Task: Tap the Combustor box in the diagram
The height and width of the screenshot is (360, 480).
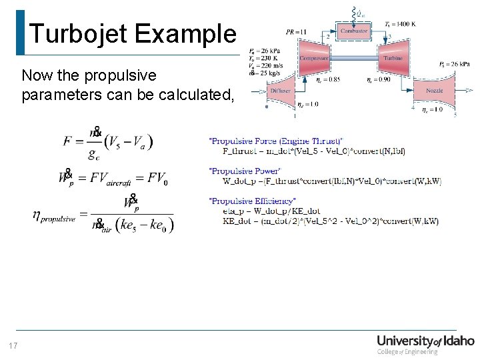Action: [353, 31]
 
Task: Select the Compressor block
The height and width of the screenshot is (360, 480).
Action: [314, 59]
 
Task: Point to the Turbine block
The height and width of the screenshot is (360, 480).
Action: [393, 59]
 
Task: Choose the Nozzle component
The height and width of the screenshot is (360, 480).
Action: [434, 91]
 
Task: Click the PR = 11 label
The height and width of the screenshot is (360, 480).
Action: [295, 32]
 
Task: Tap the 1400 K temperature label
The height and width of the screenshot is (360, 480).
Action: [400, 23]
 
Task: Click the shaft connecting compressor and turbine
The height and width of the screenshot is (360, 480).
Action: [353, 59]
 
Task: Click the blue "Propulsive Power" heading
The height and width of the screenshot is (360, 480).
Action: [245, 171]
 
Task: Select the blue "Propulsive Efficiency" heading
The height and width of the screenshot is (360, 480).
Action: [252, 201]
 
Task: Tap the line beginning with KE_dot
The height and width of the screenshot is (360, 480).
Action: [330, 221]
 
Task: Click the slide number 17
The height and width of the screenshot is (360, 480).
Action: [13, 345]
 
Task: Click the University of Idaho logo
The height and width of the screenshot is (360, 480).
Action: [425, 343]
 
